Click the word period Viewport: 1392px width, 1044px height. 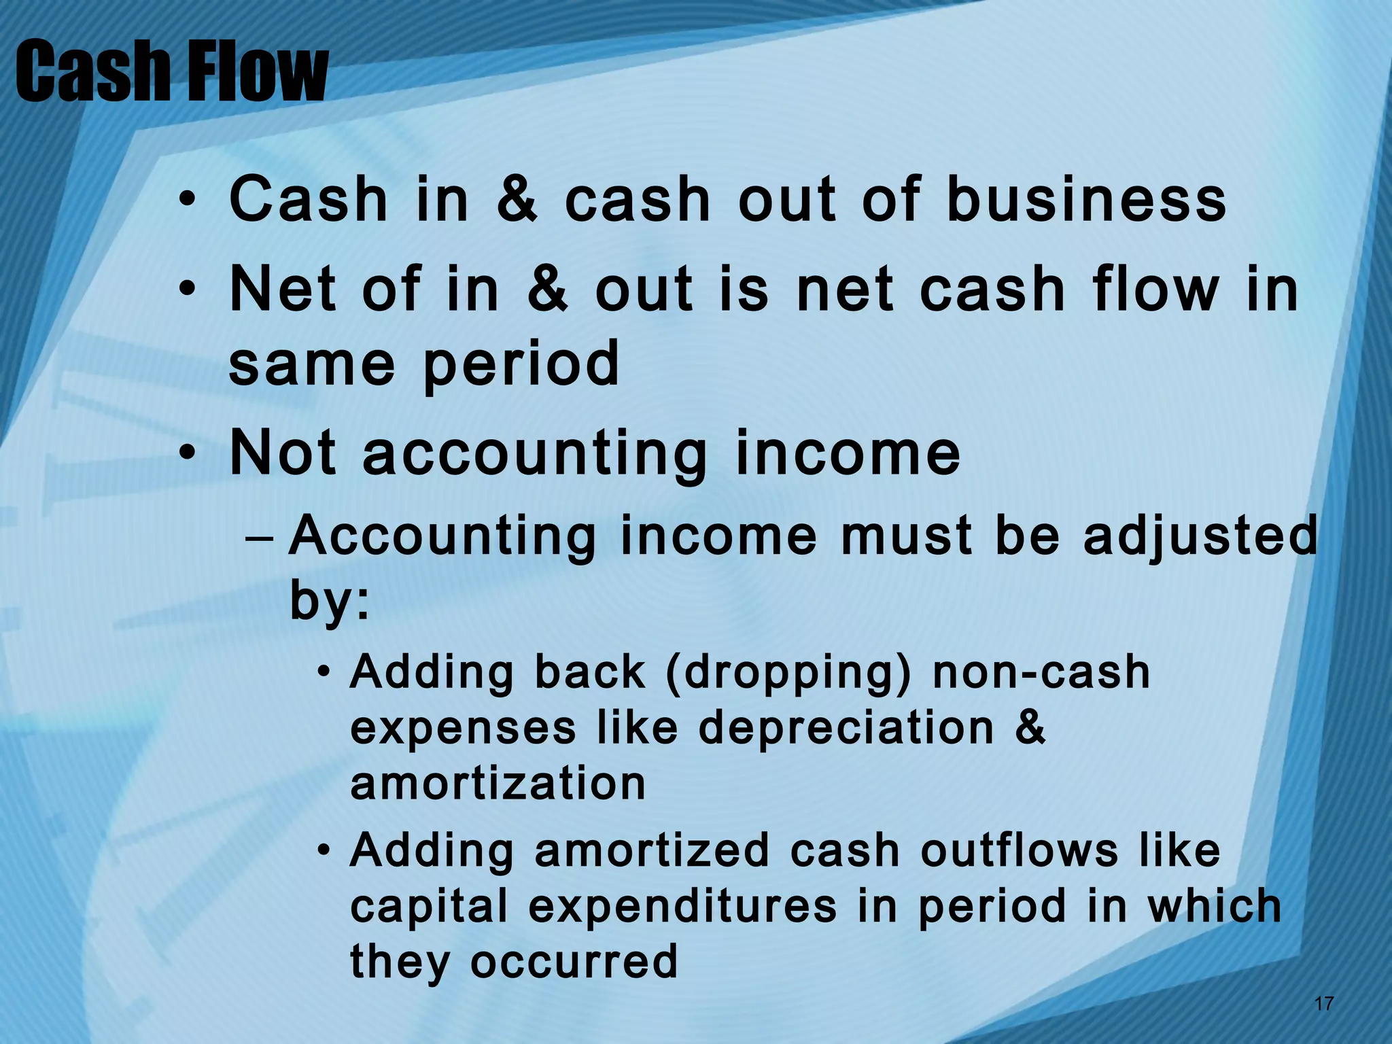(521, 364)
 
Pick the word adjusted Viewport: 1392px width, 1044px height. (1200, 536)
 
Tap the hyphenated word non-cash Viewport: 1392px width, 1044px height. (1041, 673)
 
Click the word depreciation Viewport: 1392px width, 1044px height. (846, 728)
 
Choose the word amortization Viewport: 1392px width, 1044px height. (498, 783)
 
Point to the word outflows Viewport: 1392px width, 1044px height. (1019, 850)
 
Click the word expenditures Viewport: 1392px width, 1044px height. (682, 906)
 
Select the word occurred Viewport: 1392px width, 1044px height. (574, 961)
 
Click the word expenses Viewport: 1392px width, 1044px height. (463, 728)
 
